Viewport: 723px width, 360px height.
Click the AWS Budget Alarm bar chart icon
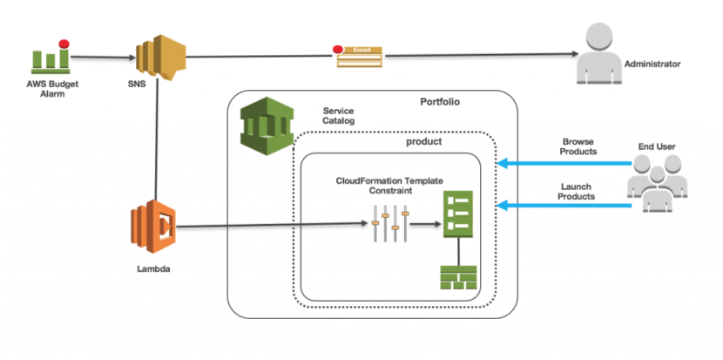click(x=50, y=58)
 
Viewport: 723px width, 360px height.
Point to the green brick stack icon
click(x=458, y=276)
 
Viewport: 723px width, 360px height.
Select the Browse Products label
click(x=579, y=146)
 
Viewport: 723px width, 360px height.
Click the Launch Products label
click(x=578, y=191)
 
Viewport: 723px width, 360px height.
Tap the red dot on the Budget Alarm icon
click(x=63, y=43)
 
